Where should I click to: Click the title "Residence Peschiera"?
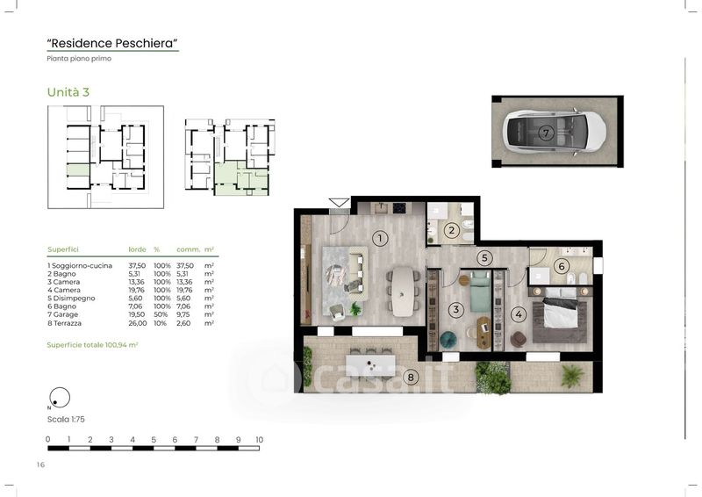coord(112,44)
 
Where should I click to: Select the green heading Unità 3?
coord(68,92)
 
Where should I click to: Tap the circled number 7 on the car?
coord(545,133)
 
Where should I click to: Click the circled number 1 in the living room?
coord(380,238)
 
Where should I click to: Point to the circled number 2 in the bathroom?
coord(451,230)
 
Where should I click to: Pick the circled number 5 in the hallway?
coord(484,257)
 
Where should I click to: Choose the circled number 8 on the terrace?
coord(411,378)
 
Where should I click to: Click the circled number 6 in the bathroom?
coord(562,266)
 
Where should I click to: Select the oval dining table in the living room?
coord(403,292)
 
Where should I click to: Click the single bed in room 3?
coord(480,292)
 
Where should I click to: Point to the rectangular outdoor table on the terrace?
coord(370,365)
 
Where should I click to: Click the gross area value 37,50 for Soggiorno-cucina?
coord(137,266)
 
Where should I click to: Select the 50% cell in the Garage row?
coord(161,314)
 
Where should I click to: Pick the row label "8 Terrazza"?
coord(64,323)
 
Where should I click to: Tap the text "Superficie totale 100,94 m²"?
coord(92,345)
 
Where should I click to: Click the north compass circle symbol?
coord(60,398)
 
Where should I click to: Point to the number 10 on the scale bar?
coord(259,440)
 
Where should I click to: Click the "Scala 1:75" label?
coord(66,420)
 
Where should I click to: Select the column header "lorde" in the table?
coord(137,249)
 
